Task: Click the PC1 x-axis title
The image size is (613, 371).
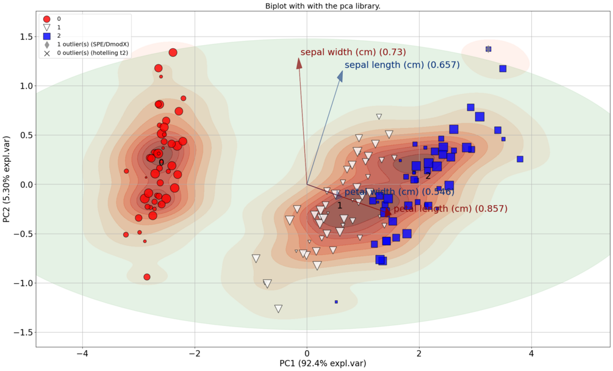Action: tap(323, 364)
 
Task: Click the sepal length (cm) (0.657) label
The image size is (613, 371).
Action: tap(402, 65)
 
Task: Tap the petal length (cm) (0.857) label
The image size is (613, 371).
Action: tap(450, 209)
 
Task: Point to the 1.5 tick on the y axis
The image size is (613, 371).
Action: tap(24, 37)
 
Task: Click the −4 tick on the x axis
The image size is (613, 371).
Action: tap(82, 353)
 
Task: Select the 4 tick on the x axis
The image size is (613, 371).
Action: tap(531, 353)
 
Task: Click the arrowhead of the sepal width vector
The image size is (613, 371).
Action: tap(299, 62)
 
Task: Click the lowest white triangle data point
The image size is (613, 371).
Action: tap(278, 309)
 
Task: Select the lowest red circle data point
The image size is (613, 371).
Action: tap(147, 277)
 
